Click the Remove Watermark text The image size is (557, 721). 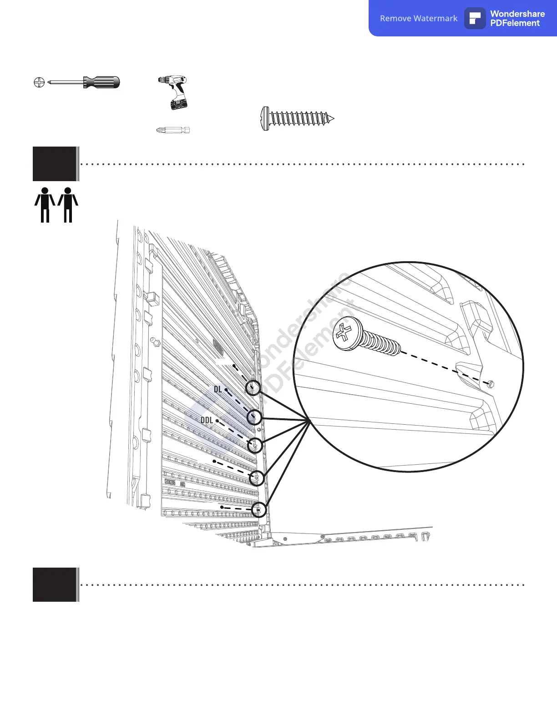tap(419, 19)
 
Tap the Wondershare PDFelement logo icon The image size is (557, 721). tap(475, 19)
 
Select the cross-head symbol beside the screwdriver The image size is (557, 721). tap(39, 82)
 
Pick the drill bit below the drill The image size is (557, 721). tap(172, 130)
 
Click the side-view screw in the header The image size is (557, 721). tap(297, 119)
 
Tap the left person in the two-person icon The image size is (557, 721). tap(45, 205)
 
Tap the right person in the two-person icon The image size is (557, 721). tap(68, 205)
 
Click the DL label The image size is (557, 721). tap(218, 389)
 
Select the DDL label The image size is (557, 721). tap(207, 420)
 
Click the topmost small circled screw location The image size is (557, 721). tap(253, 388)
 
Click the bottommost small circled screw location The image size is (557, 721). tap(259, 509)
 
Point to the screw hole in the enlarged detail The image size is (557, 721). tap(490, 384)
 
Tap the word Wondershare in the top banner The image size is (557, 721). tap(517, 14)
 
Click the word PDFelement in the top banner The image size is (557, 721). tap(515, 23)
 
